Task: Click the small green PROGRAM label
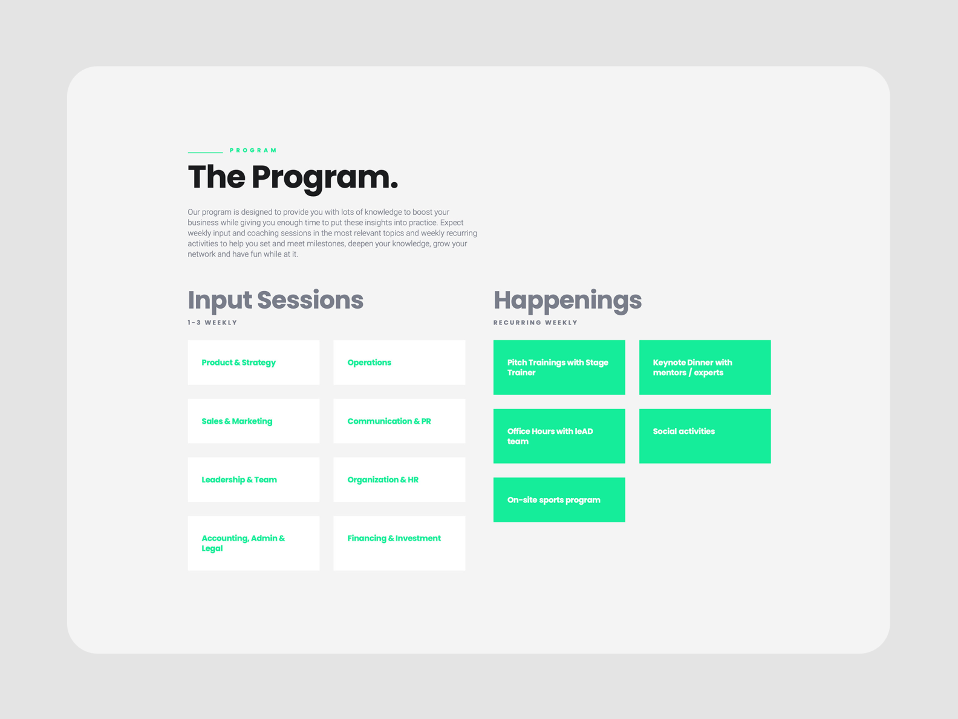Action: click(x=253, y=150)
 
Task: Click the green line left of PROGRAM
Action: click(x=205, y=152)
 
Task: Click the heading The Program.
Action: click(x=293, y=177)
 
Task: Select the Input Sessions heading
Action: click(x=275, y=300)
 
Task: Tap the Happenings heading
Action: click(x=567, y=300)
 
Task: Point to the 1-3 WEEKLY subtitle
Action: click(x=212, y=323)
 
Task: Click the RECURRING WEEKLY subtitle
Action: click(x=535, y=323)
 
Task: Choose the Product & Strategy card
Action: click(x=253, y=363)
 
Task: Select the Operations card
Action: click(x=399, y=363)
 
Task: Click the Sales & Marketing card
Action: click(x=253, y=421)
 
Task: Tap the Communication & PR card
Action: click(x=399, y=421)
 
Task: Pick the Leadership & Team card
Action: click(x=253, y=479)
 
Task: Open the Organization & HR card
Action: click(x=399, y=479)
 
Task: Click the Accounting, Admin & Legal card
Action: click(x=253, y=543)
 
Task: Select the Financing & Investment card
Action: click(x=399, y=543)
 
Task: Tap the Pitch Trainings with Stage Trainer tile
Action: click(x=559, y=367)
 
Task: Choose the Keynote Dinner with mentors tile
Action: click(x=705, y=367)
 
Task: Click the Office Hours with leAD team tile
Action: click(x=559, y=436)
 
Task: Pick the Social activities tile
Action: click(x=705, y=436)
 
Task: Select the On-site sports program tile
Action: click(x=559, y=500)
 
